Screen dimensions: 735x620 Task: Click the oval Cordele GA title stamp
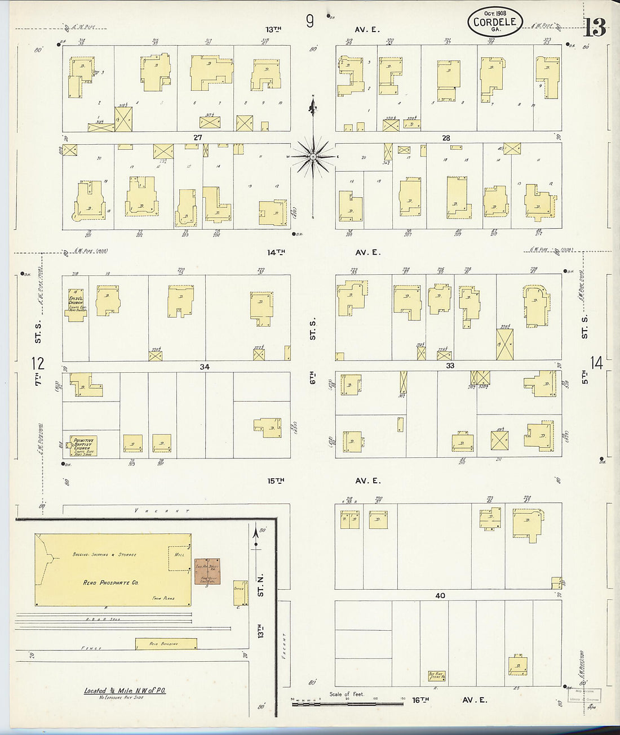click(x=495, y=23)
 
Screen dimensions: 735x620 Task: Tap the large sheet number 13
click(x=595, y=27)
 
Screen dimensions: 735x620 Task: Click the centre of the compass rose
click(x=312, y=156)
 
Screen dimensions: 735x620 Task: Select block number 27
click(x=197, y=137)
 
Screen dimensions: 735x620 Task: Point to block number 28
click(x=446, y=138)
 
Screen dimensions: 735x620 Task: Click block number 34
click(x=204, y=367)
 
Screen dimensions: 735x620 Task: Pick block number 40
click(x=440, y=595)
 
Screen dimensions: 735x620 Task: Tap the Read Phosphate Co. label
click(x=107, y=583)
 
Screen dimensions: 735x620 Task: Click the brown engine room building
click(x=207, y=571)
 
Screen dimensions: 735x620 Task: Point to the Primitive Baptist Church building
click(x=83, y=446)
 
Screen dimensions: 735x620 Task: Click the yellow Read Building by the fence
click(x=166, y=643)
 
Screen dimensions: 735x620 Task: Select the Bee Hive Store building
click(x=436, y=675)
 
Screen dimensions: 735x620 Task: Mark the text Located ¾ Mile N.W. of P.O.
click(x=125, y=691)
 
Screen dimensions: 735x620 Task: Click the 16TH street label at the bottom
click(x=420, y=700)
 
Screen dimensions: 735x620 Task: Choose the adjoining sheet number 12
click(x=38, y=363)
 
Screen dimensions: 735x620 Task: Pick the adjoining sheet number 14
click(x=596, y=363)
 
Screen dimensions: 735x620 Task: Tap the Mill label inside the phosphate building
click(x=180, y=555)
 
